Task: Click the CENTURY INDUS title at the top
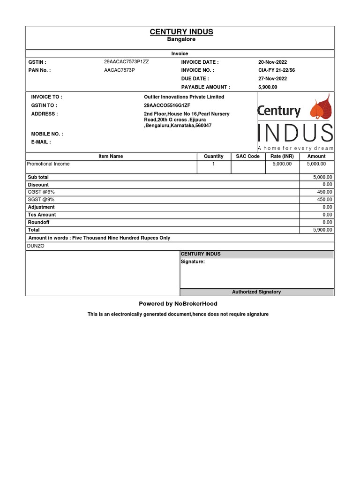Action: pos(181,32)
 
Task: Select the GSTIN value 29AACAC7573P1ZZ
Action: pos(127,62)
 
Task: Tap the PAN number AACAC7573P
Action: pos(120,70)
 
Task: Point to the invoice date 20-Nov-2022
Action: pos(272,62)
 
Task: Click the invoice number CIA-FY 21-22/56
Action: pos(277,70)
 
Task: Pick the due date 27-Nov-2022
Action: pos(272,79)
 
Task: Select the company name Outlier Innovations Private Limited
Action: pos(184,97)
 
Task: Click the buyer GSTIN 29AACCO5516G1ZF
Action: pos(167,105)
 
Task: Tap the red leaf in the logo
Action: pos(321,109)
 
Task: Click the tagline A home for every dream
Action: pos(295,148)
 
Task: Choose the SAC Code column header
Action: pos(247,156)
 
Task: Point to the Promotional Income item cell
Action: pos(48,164)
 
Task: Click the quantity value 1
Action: pos(214,164)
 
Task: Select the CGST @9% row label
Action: pos(41,192)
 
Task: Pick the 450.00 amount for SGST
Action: pos(324,200)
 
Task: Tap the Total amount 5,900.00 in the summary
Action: pos(322,230)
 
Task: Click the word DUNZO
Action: pos(37,246)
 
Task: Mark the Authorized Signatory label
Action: pos(256,292)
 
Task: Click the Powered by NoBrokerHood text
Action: pos(178,304)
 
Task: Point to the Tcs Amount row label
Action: pos(42,215)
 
